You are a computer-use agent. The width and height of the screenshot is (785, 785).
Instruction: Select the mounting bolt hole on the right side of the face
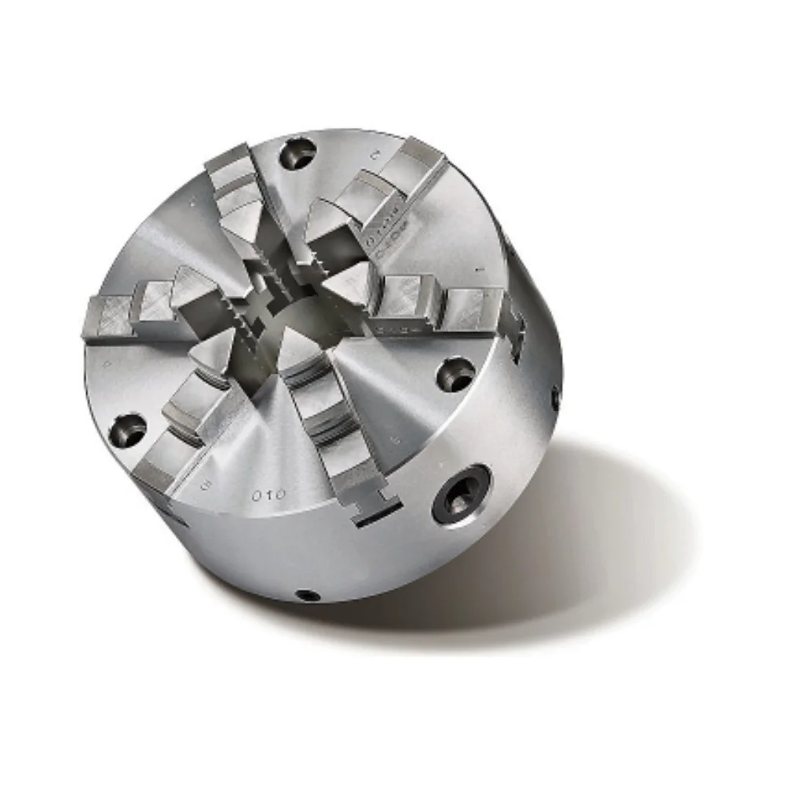(x=455, y=374)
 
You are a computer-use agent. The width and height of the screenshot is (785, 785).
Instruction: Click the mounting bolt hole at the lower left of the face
(x=129, y=429)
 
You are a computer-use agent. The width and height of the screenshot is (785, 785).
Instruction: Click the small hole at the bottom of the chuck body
(x=309, y=595)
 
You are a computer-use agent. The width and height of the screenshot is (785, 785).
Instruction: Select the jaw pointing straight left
(x=149, y=306)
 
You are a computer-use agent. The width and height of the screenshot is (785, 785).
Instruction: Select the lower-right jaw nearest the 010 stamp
(x=330, y=424)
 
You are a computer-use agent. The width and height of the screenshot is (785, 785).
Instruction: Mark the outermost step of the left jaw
(x=106, y=318)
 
